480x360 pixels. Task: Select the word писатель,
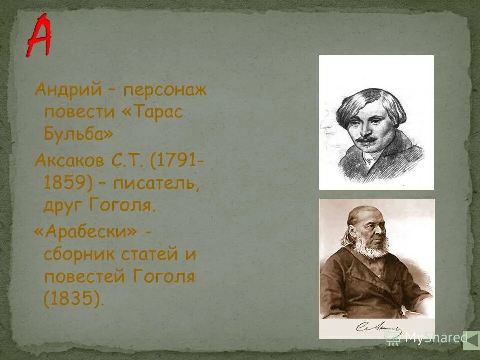tap(156, 183)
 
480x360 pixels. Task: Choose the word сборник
tap(79, 254)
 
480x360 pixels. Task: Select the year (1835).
tap(74, 298)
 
